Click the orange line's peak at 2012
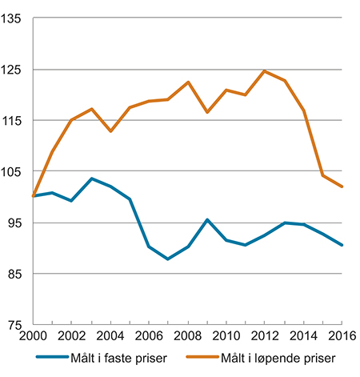coord(265,71)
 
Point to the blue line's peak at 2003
coord(92,178)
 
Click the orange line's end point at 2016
coord(342,186)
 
